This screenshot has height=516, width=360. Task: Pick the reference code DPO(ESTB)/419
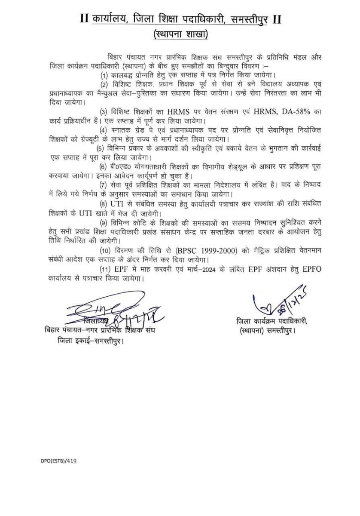(55, 460)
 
